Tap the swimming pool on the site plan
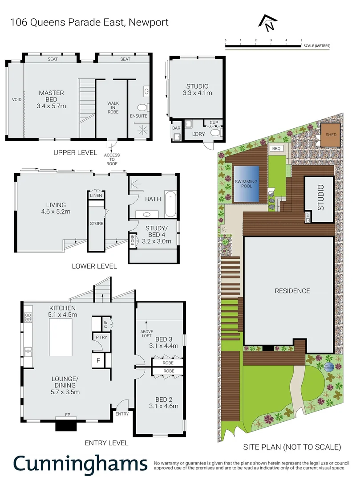tap(247, 182)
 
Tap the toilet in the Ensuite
tap(143, 108)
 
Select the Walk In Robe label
tap(113, 108)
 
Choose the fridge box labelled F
tap(97, 360)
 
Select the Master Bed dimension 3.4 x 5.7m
tap(51, 106)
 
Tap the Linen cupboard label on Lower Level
tap(95, 196)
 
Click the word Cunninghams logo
tap(80, 463)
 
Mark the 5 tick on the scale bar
tap(302, 41)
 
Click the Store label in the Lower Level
tap(95, 223)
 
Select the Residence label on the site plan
tap(292, 291)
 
